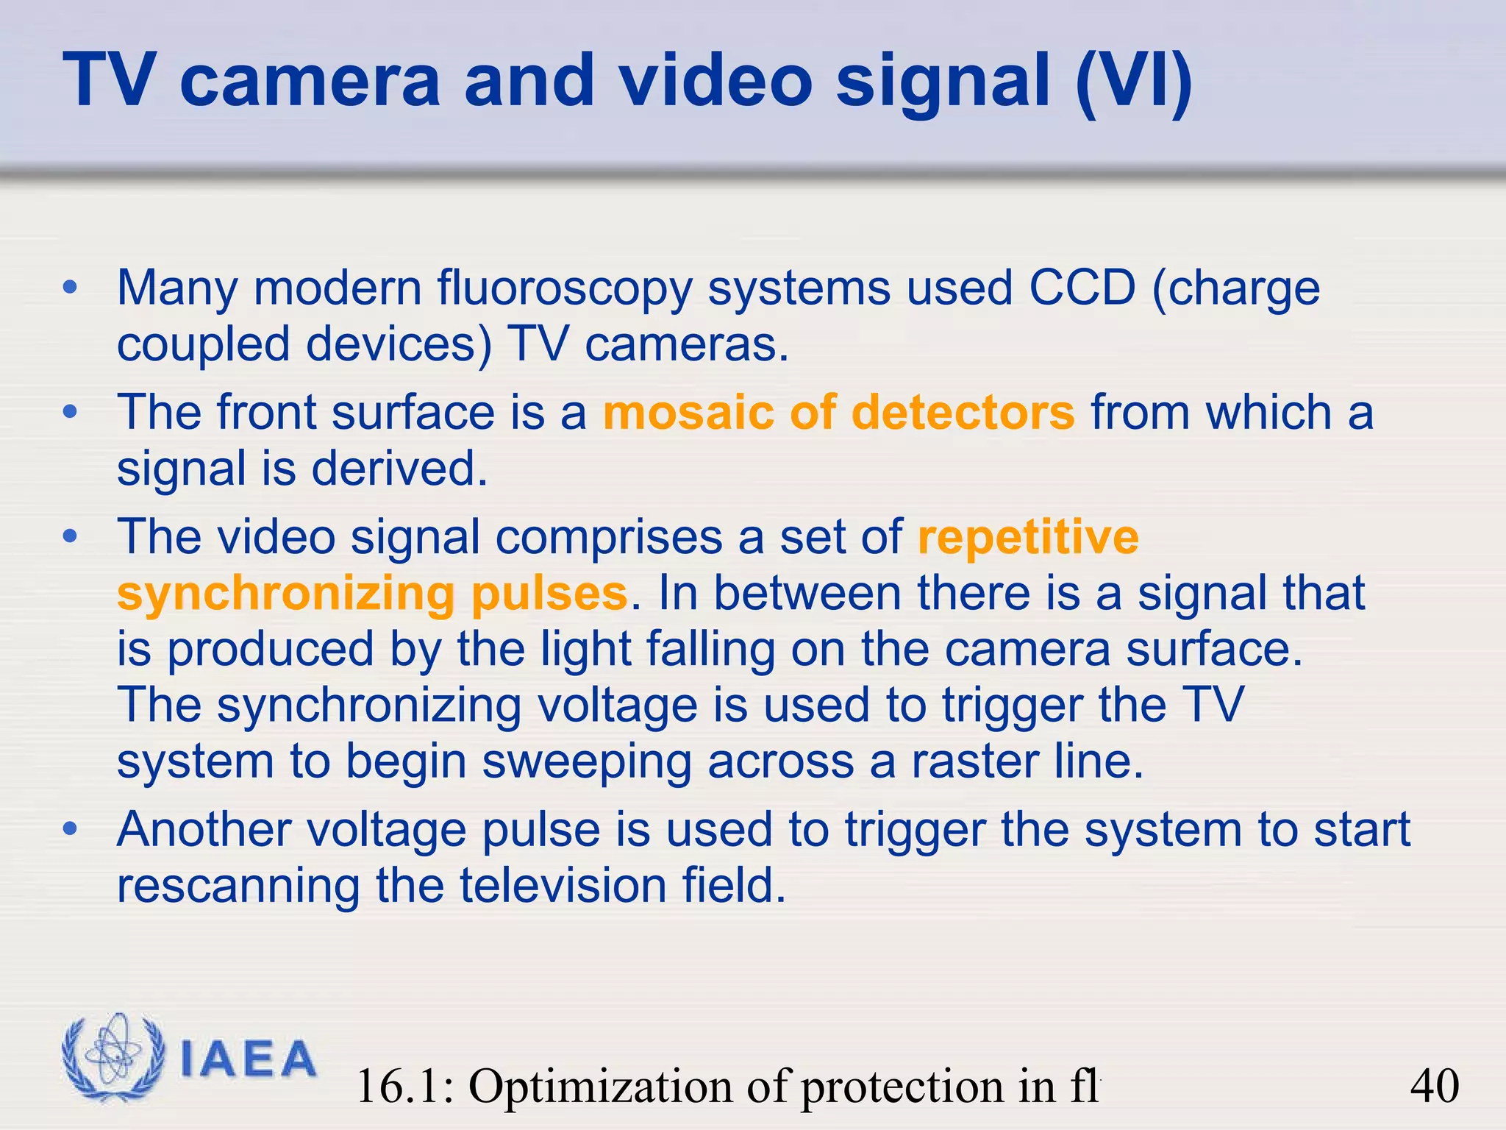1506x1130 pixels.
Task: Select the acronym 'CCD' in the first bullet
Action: click(x=1082, y=288)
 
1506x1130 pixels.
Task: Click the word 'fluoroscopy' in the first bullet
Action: click(x=564, y=288)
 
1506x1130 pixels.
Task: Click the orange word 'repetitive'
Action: click(x=1028, y=536)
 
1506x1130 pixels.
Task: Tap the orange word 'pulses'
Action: click(x=549, y=593)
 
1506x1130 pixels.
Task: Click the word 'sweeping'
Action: click(x=586, y=761)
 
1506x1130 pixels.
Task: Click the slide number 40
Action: click(x=1434, y=1086)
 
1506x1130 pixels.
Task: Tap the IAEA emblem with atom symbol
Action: click(x=113, y=1056)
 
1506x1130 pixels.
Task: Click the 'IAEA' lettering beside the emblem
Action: click(x=248, y=1059)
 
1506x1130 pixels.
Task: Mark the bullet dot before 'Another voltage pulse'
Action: click(x=70, y=830)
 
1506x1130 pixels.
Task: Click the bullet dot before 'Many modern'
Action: click(x=70, y=288)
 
